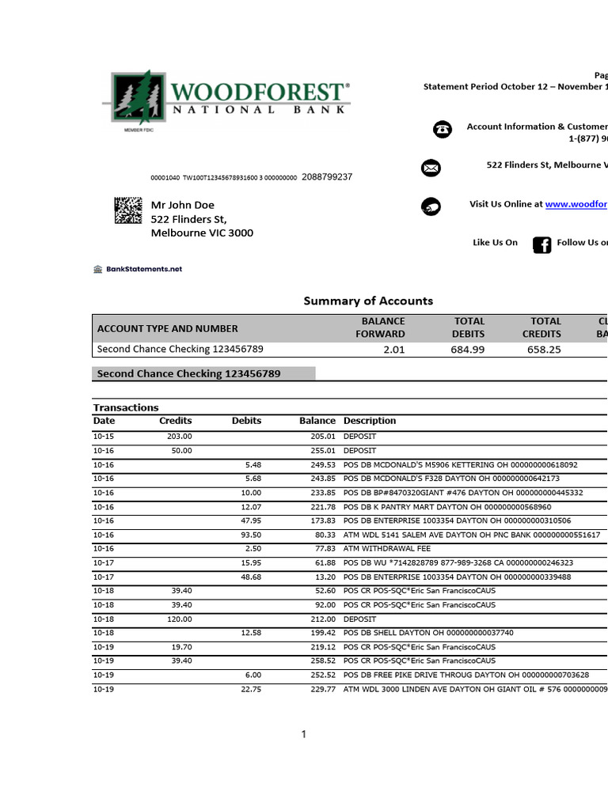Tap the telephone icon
tap(443, 131)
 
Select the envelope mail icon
tap(431, 168)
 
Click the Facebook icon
tap(541, 244)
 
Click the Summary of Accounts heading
tap(368, 301)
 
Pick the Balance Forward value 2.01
tap(393, 350)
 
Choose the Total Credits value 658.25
tap(544, 350)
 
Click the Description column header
tap(370, 421)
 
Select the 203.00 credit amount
tap(179, 437)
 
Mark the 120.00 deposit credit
tap(179, 619)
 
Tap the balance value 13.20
tap(324, 577)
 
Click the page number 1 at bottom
tap(303, 735)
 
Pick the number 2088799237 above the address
tap(327, 177)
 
